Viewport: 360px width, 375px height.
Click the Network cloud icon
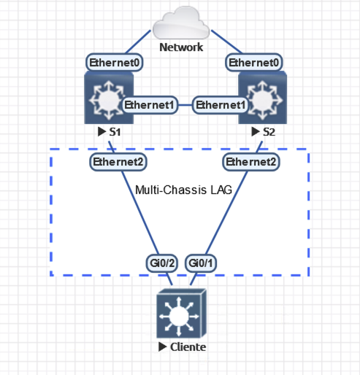(182, 23)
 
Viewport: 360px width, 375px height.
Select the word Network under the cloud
(181, 48)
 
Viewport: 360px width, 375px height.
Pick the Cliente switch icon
(182, 314)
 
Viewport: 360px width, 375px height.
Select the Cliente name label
(188, 347)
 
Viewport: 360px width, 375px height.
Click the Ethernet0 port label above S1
(115, 63)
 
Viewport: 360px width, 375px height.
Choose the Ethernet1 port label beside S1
(150, 105)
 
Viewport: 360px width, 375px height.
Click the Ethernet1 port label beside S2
(221, 105)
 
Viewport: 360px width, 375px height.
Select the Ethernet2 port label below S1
(117, 161)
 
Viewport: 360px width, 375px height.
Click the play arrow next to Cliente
(162, 347)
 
